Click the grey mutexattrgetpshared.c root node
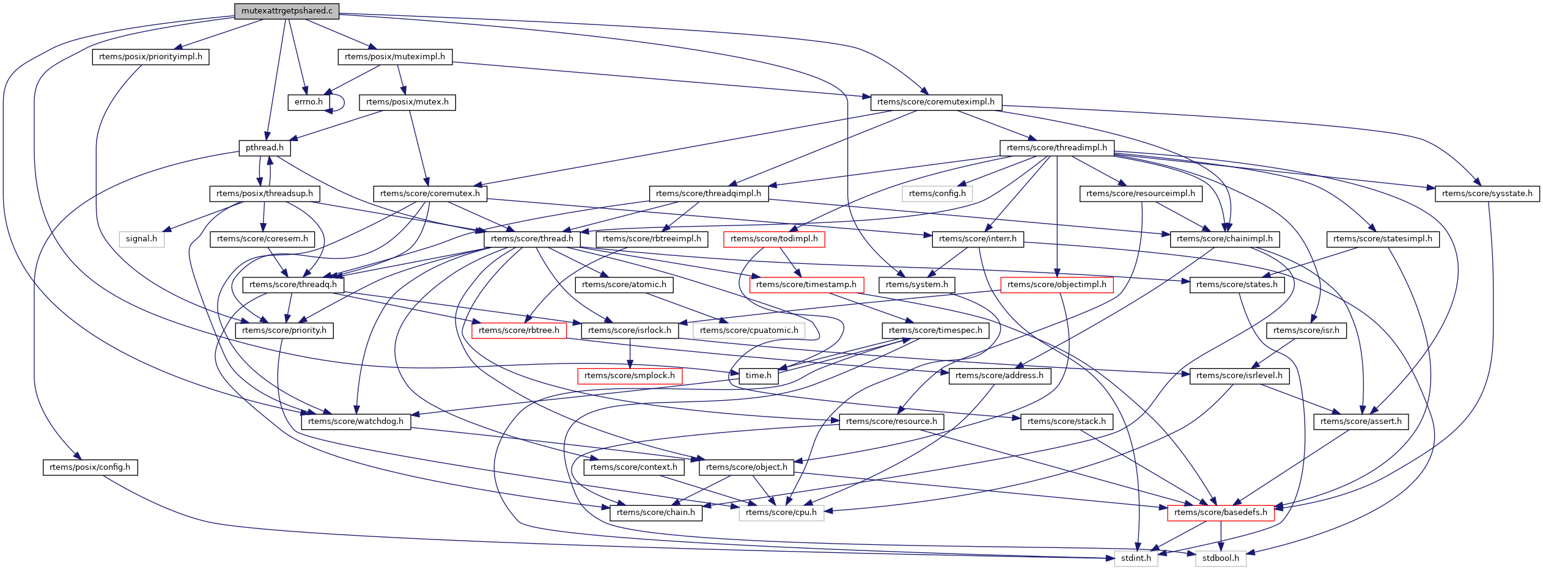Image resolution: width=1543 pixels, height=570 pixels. pos(287,11)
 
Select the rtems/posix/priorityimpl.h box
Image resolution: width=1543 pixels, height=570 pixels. pos(150,57)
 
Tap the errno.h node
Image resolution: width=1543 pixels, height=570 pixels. pos(308,102)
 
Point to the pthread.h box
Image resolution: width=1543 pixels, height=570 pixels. pos(264,148)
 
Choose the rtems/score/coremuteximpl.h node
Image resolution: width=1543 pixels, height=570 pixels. pos(935,102)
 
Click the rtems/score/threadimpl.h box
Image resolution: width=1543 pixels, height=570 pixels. pos(1056,148)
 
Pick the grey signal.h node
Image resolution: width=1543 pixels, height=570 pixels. pos(141,239)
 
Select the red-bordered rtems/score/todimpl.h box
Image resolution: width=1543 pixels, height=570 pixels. pos(773,239)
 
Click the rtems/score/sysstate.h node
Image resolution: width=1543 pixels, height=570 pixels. pos(1487,194)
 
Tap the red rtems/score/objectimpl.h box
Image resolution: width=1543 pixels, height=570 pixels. pos(1056,285)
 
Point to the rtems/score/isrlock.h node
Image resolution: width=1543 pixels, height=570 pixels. pos(630,331)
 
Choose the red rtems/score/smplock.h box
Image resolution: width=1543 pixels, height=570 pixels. pos(629,376)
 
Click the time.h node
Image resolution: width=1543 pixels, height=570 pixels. pos(759,376)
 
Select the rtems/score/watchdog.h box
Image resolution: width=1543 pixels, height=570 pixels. pos(356,422)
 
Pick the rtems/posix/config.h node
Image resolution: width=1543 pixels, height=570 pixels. pos(90,467)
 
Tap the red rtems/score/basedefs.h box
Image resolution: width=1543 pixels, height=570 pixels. pos(1220,513)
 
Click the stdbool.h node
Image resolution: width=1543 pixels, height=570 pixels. pos(1220,558)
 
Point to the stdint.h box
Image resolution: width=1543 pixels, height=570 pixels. pos(1136,558)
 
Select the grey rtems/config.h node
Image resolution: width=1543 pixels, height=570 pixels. pos(937,194)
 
